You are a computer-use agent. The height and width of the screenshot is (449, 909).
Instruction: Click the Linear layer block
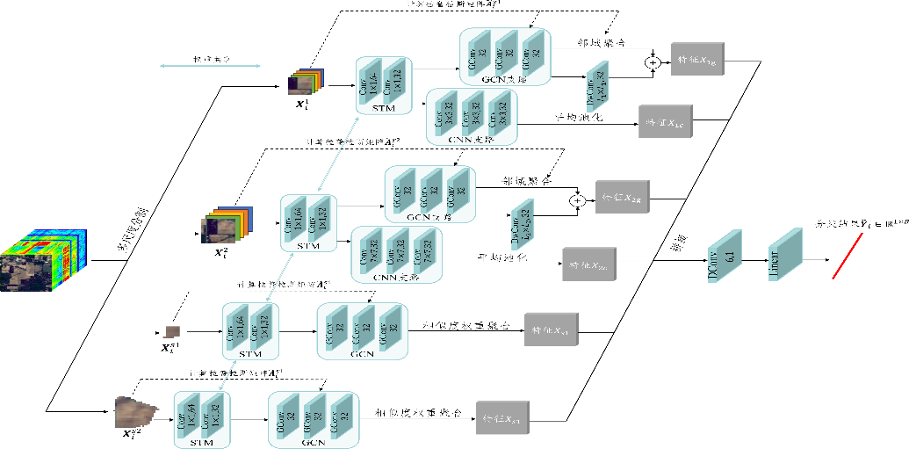click(x=785, y=255)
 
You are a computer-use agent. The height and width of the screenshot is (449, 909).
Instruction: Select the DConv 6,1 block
click(x=725, y=256)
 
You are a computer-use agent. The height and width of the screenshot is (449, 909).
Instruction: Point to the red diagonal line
click(x=848, y=256)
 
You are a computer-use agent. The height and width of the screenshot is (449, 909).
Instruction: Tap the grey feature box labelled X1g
click(x=697, y=59)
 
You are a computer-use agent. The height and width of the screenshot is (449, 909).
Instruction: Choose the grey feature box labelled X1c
click(x=665, y=121)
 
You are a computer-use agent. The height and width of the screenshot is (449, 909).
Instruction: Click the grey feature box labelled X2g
click(x=622, y=197)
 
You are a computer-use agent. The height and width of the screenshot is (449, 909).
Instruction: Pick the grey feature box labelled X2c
click(x=588, y=264)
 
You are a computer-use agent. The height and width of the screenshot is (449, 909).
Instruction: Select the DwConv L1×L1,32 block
click(x=596, y=86)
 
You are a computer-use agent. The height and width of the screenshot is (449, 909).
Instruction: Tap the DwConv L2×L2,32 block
click(x=523, y=225)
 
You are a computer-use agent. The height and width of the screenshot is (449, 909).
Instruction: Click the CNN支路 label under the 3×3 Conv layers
click(x=471, y=139)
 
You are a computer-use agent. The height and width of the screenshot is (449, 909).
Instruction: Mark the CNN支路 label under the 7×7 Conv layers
click(x=395, y=277)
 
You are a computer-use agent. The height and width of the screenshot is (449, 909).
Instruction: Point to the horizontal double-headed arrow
click(x=211, y=65)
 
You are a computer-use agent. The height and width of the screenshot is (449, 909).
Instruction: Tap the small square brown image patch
click(x=172, y=331)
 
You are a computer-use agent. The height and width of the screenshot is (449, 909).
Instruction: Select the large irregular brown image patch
click(x=135, y=411)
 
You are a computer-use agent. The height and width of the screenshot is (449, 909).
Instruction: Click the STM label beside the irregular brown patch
click(x=202, y=442)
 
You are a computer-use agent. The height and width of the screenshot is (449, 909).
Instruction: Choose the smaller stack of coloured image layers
click(x=306, y=82)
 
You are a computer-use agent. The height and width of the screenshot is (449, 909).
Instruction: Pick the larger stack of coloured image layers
click(x=227, y=225)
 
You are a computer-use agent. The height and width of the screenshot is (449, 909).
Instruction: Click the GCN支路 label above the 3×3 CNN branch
click(x=505, y=79)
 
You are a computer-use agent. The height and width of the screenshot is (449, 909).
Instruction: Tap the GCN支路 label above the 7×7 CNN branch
click(x=429, y=216)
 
